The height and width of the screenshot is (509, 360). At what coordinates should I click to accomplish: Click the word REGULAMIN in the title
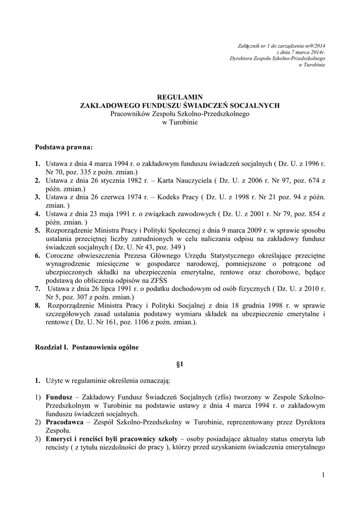(x=180, y=97)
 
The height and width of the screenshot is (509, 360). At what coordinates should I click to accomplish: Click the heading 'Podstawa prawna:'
(x=64, y=148)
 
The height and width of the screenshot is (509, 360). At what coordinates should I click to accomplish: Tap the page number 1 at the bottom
(x=323, y=476)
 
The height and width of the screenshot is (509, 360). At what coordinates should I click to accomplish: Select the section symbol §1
(x=180, y=364)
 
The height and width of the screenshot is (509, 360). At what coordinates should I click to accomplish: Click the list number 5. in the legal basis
(x=38, y=231)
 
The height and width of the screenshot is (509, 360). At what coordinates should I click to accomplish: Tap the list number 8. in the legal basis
(x=38, y=306)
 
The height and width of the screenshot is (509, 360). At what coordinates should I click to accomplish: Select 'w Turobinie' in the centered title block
(x=180, y=122)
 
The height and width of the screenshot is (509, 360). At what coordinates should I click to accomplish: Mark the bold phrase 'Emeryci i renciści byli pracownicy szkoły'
(x=111, y=439)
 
